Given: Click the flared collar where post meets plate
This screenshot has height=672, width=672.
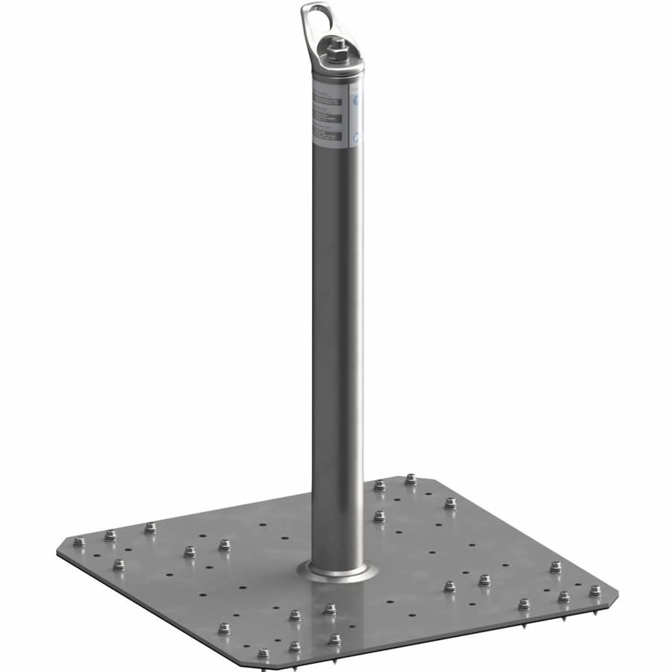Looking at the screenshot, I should coord(338,572).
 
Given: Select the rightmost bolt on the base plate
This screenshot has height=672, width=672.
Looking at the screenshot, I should coord(595,591).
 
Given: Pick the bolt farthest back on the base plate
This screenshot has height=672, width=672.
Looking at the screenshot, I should coord(410,479).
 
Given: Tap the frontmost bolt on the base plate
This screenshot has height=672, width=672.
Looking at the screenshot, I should coord(263,654).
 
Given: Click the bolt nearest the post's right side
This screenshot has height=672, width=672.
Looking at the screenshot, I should coord(379,515).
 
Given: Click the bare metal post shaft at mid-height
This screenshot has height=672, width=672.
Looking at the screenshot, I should coord(337,336).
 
